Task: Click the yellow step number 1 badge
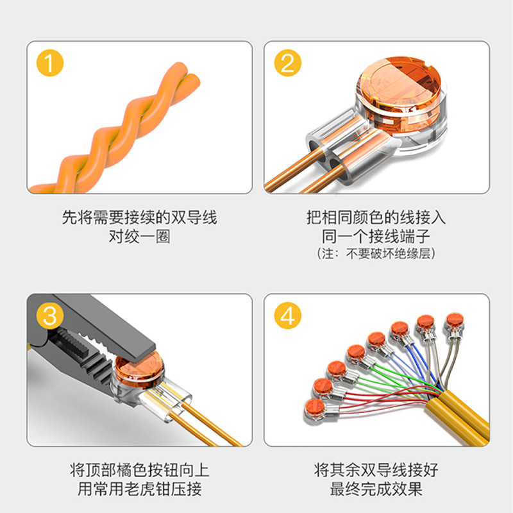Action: [x=50, y=65]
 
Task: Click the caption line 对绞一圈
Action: [x=139, y=237]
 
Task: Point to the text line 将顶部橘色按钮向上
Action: [x=139, y=471]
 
